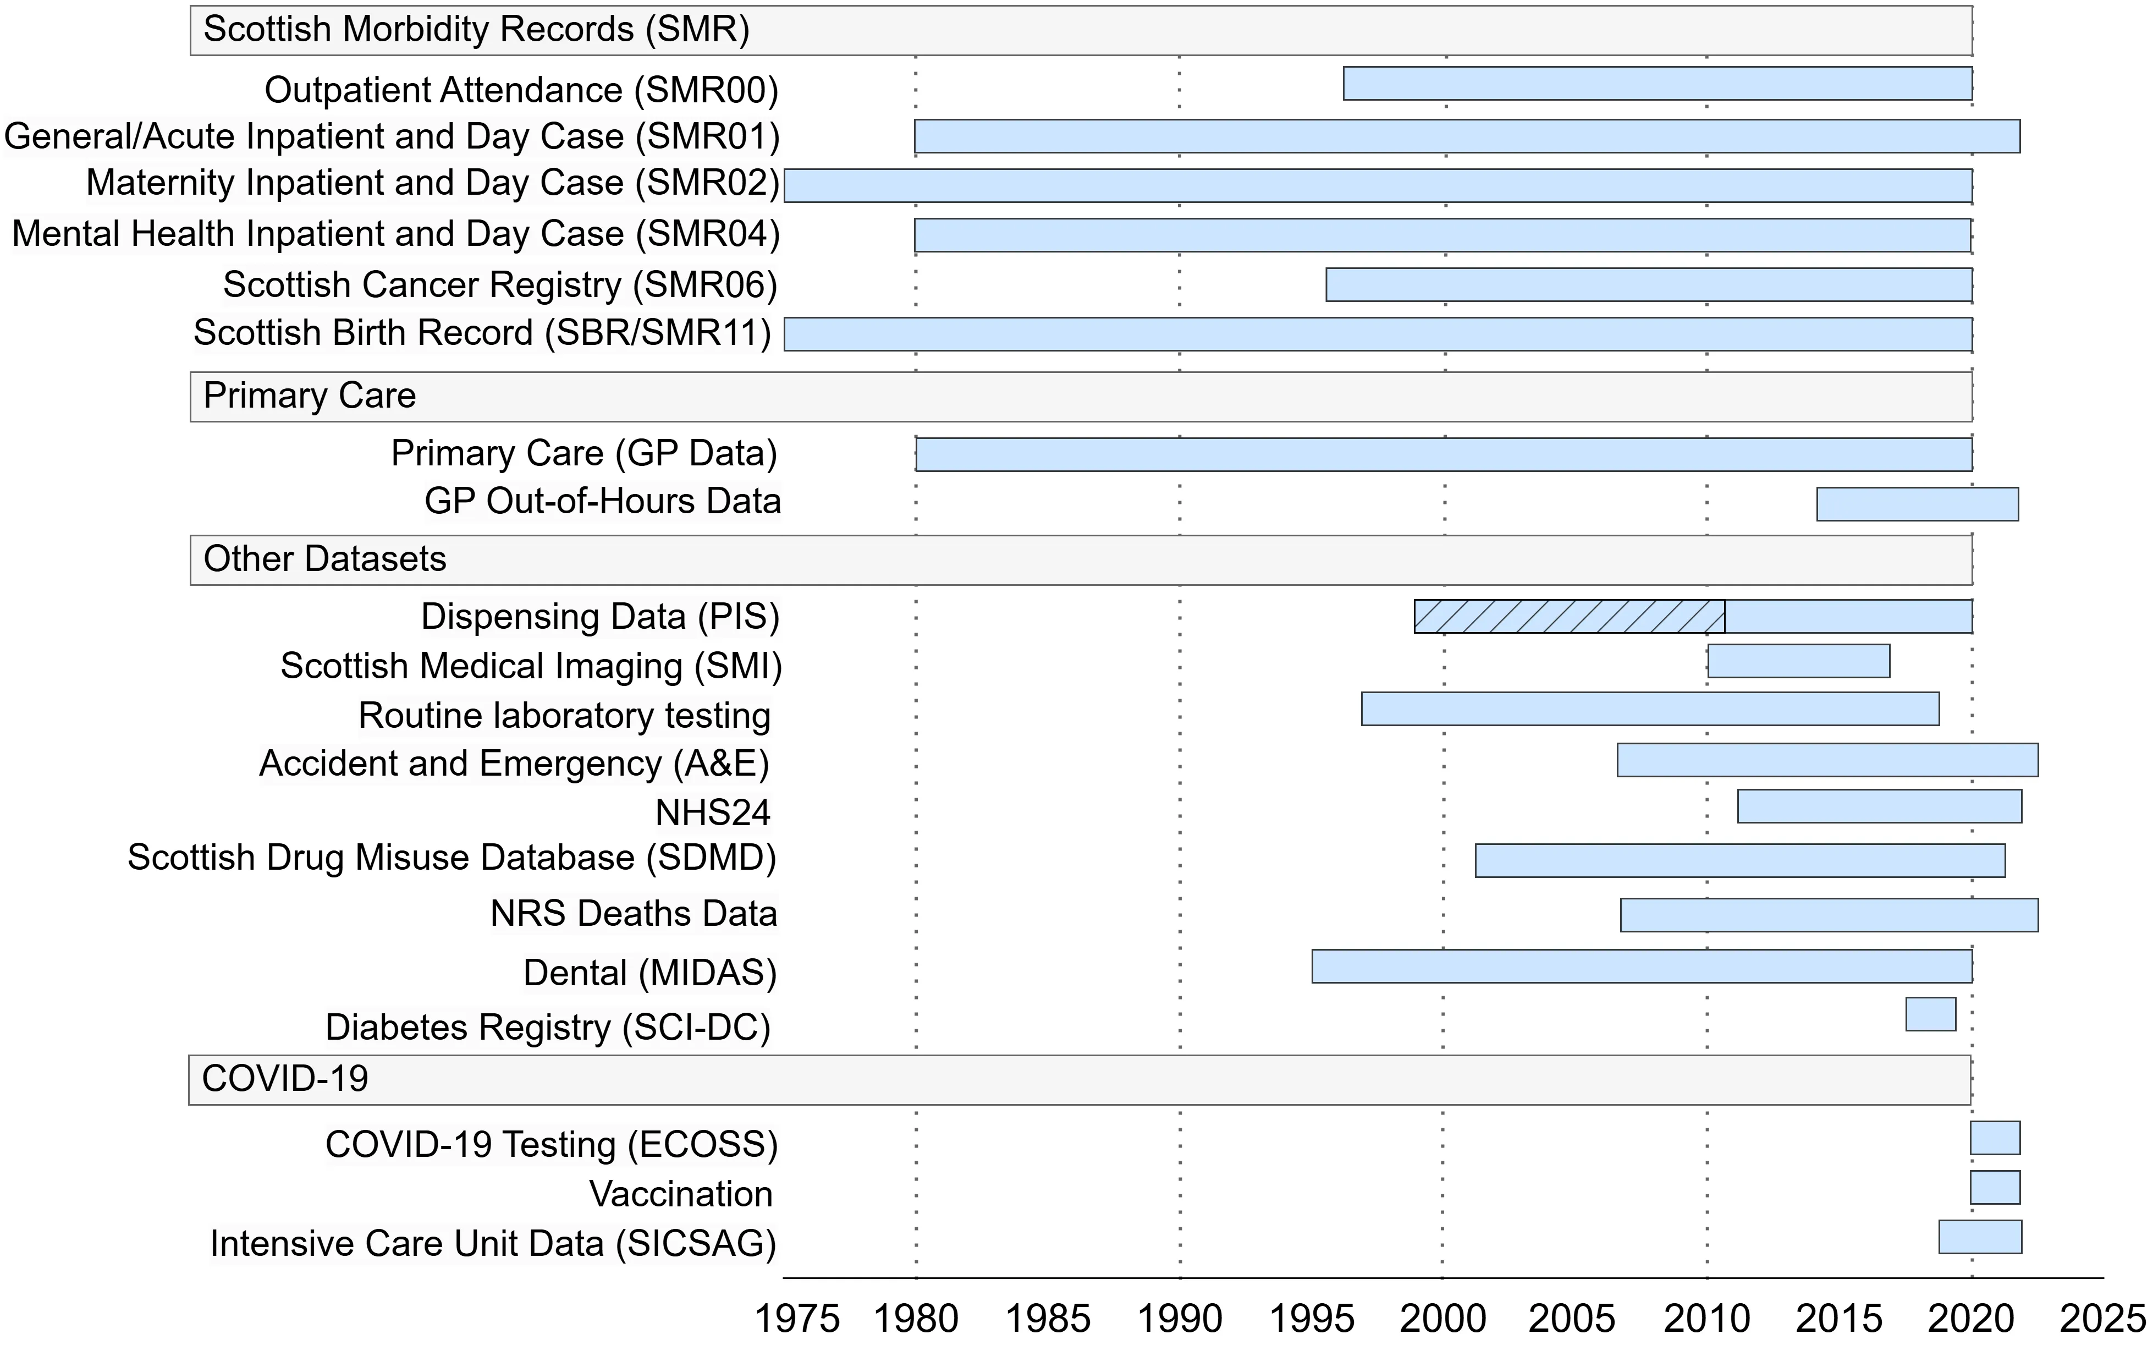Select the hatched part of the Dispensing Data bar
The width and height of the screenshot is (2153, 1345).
pyautogui.click(x=1569, y=617)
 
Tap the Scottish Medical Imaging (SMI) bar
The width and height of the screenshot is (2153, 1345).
pyautogui.click(x=1798, y=661)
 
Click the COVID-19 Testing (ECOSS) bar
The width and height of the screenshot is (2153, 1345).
pyautogui.click(x=1995, y=1138)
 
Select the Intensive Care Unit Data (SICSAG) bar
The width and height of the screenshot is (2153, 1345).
pyautogui.click(x=1980, y=1237)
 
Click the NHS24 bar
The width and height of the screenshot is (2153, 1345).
pyautogui.click(x=1879, y=806)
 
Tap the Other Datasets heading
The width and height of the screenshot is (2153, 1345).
pyautogui.click(x=324, y=559)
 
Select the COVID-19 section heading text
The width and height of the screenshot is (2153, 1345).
pyautogui.click(x=284, y=1079)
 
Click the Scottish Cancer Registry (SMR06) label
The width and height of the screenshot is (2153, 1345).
pyautogui.click(x=500, y=284)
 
